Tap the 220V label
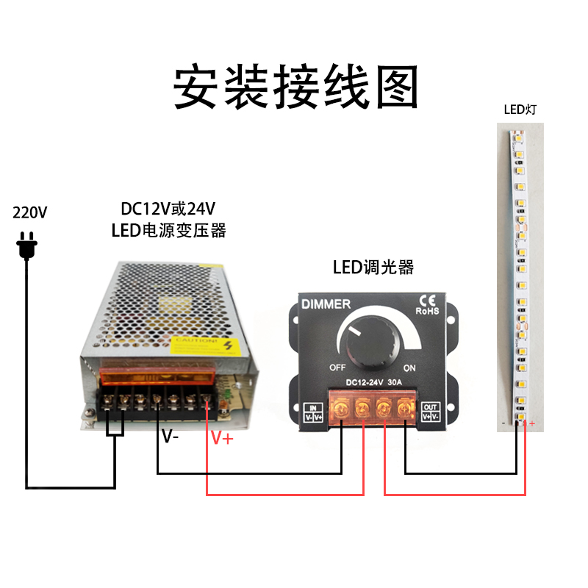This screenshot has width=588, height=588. pos(30,213)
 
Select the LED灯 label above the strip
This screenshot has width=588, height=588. pos(520,110)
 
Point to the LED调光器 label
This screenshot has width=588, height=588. pos(373,267)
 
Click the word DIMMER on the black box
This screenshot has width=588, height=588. pos(326,304)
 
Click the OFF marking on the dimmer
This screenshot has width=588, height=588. pos(337,367)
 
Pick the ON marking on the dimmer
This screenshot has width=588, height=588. pos(409,367)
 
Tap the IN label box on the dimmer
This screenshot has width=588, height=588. pos(314,411)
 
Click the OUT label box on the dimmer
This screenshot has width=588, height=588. pos(430,411)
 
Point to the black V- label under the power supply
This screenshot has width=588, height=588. pos(171,437)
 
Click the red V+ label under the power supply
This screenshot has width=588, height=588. pos(222,439)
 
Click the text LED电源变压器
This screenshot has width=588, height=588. pos(168,230)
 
